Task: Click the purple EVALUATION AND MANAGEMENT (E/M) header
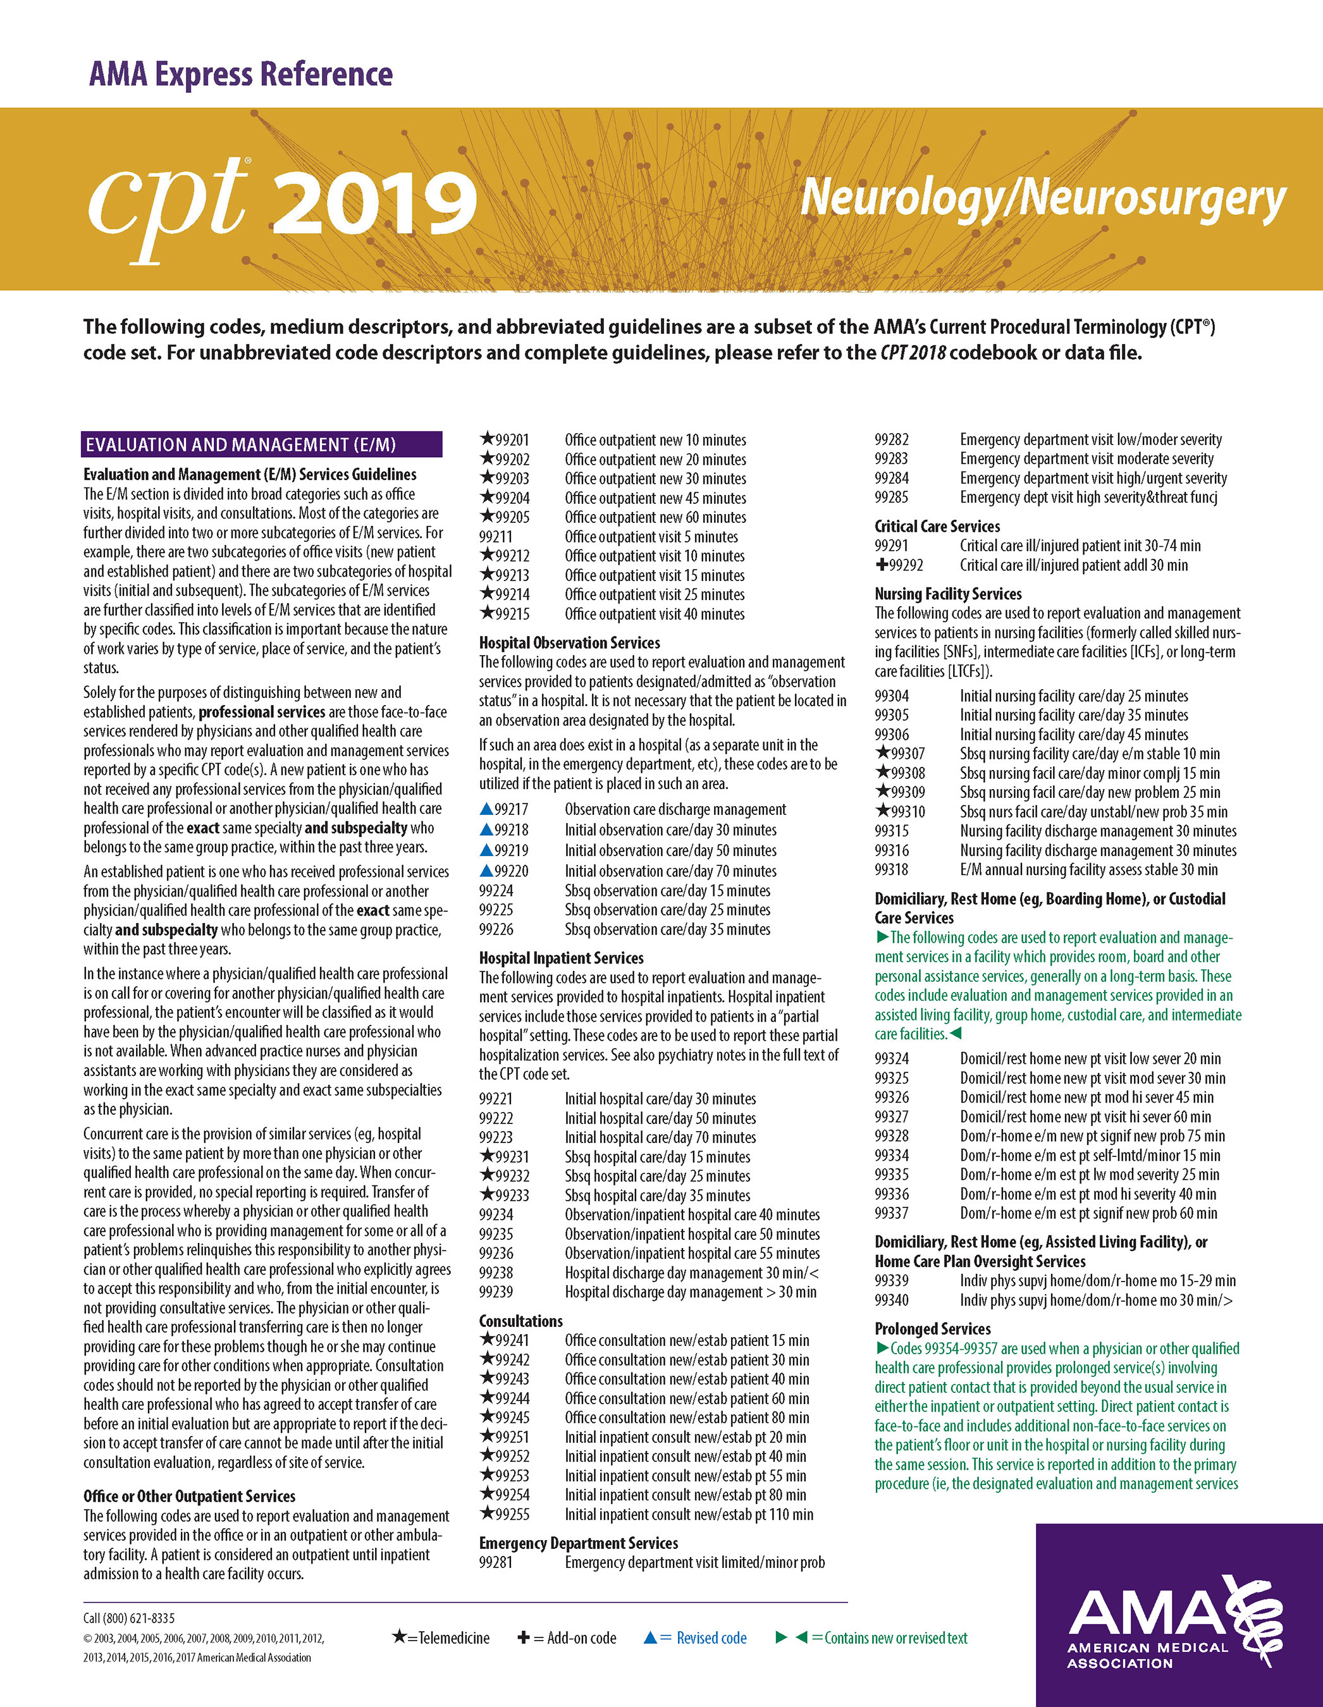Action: click(261, 444)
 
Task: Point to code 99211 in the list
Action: click(496, 537)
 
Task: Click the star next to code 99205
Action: click(486, 516)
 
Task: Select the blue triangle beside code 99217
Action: click(486, 809)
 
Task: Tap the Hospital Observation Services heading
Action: click(569, 642)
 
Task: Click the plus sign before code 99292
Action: click(881, 565)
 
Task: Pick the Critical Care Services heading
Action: click(937, 526)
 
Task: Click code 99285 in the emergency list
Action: click(892, 497)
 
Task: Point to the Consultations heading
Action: click(520, 1321)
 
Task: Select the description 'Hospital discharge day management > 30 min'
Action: click(691, 1292)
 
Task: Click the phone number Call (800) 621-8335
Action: click(129, 1618)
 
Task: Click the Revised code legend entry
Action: click(695, 1637)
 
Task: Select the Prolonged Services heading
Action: click(932, 1329)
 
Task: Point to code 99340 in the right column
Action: click(892, 1300)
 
